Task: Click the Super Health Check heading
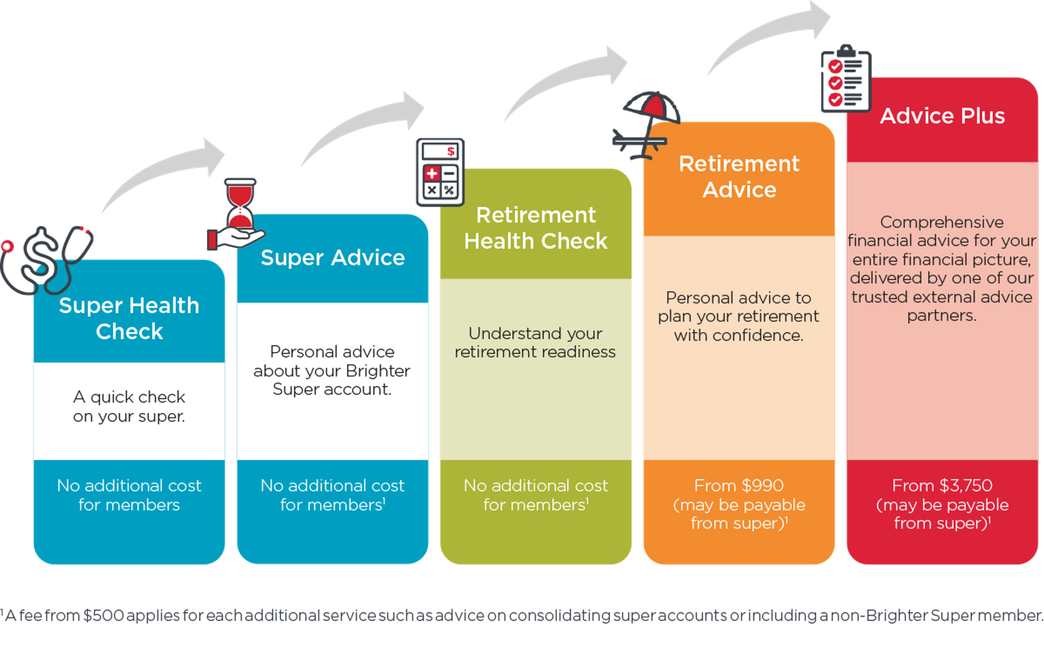(129, 319)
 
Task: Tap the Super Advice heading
(333, 258)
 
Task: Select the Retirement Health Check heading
(536, 228)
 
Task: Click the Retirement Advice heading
(739, 177)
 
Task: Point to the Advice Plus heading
(942, 116)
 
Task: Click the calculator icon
(440, 172)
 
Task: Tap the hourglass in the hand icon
(237, 215)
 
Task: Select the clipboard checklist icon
(846, 79)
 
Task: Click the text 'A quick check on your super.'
(129, 406)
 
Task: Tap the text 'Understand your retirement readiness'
(535, 342)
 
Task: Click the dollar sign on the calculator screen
(451, 152)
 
